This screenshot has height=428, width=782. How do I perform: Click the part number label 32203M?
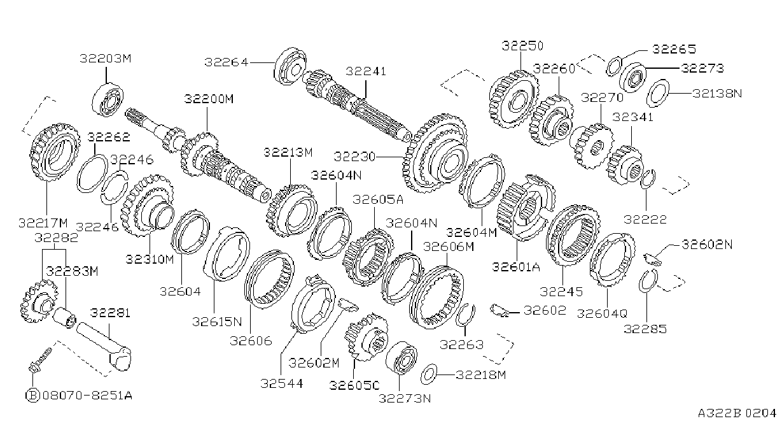pyautogui.click(x=105, y=59)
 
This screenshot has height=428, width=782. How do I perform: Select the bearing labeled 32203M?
pyautogui.click(x=108, y=99)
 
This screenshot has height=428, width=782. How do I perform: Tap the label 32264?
pyautogui.click(x=227, y=62)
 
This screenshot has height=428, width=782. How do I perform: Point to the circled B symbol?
pyautogui.click(x=33, y=396)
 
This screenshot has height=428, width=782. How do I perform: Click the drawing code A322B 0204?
pyautogui.click(x=737, y=413)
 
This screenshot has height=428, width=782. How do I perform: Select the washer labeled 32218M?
pyautogui.click(x=429, y=374)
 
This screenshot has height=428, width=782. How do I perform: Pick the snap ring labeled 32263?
pyautogui.click(x=465, y=315)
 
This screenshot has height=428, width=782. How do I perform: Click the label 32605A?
pyautogui.click(x=378, y=199)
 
